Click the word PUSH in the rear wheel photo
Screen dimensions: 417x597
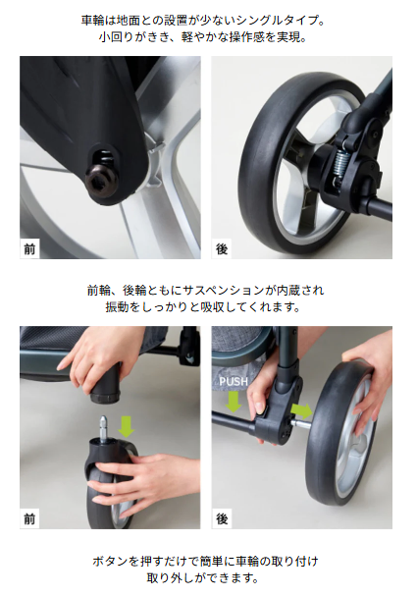(234, 381)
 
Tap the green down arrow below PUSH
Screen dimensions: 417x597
(234, 402)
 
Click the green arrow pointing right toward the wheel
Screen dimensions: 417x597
(301, 411)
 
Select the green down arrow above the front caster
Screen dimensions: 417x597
(127, 427)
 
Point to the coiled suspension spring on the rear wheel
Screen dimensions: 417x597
(340, 164)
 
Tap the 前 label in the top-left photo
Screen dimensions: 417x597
(29, 249)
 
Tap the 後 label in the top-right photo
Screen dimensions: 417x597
(222, 249)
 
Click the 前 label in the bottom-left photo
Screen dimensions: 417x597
(29, 519)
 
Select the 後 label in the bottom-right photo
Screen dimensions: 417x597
(222, 519)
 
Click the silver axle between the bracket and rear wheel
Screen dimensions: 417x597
(300, 423)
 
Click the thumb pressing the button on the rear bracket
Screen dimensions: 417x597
(259, 406)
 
